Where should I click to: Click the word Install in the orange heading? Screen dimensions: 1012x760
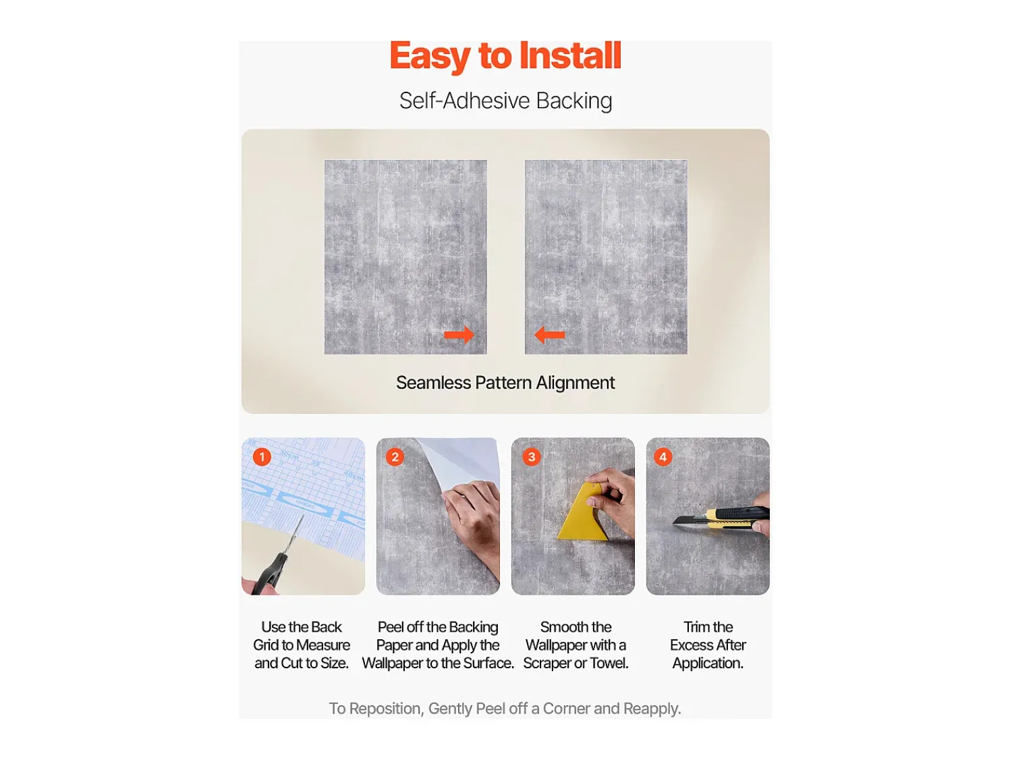(570, 55)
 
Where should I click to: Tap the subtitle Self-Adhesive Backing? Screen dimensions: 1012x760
(506, 101)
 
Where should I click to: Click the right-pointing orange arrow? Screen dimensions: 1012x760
(459, 335)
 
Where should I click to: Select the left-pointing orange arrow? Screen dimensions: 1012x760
(550, 335)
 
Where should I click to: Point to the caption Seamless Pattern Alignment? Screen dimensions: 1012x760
(505, 383)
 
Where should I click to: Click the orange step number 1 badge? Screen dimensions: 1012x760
(262, 457)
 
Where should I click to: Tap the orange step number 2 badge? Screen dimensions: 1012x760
(395, 457)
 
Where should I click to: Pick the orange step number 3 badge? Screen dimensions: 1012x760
(531, 457)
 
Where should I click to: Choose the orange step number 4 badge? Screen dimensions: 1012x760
(663, 457)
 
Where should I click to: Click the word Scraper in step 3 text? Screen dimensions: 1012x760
(548, 663)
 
